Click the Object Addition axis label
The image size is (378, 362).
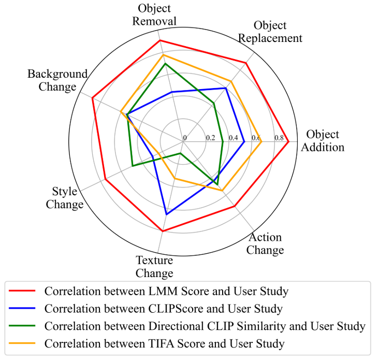click(323, 141)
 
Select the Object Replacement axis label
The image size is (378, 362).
click(278, 32)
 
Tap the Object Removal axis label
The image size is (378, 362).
click(154, 15)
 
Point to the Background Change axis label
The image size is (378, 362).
click(57, 80)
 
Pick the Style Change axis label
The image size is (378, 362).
click(65, 198)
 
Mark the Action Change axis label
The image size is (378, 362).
click(265, 244)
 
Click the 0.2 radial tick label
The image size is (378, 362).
click(210, 138)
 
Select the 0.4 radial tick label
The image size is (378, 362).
click(233, 138)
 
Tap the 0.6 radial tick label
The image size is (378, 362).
click(256, 138)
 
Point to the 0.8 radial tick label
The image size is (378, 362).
click(279, 138)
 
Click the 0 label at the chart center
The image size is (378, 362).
click(184, 138)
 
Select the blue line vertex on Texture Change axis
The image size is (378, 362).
click(166, 214)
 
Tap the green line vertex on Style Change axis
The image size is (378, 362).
click(133, 166)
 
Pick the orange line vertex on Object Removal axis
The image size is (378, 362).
click(163, 54)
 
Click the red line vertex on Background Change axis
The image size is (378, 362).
click(92, 97)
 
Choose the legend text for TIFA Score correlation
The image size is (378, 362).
click(165, 343)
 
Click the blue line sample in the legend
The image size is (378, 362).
click(24, 309)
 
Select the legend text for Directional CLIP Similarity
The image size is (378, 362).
click(205, 326)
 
